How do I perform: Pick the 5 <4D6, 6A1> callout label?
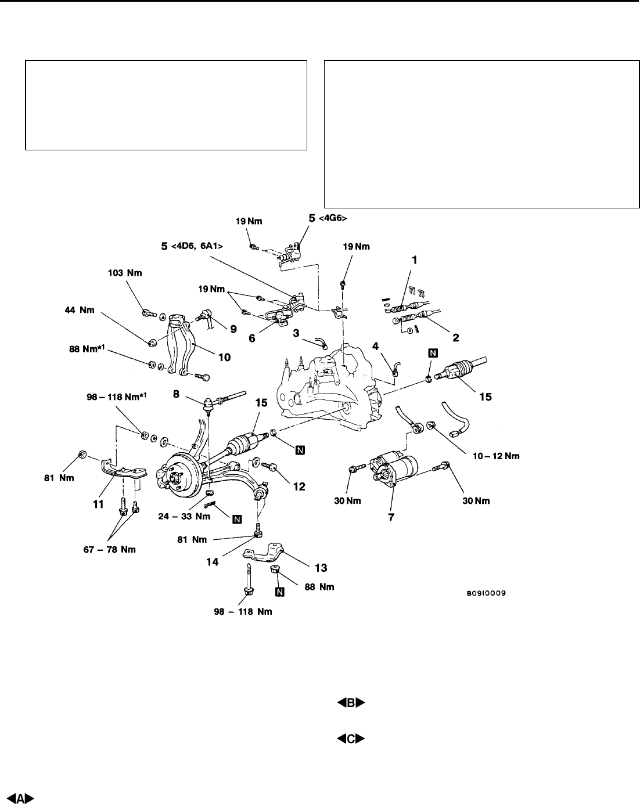tap(192, 246)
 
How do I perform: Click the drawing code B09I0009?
tap(485, 594)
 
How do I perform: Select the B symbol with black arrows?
tap(351, 703)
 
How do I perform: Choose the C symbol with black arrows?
tap(351, 739)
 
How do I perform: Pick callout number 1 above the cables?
tap(414, 261)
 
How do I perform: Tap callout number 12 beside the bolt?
tap(299, 486)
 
